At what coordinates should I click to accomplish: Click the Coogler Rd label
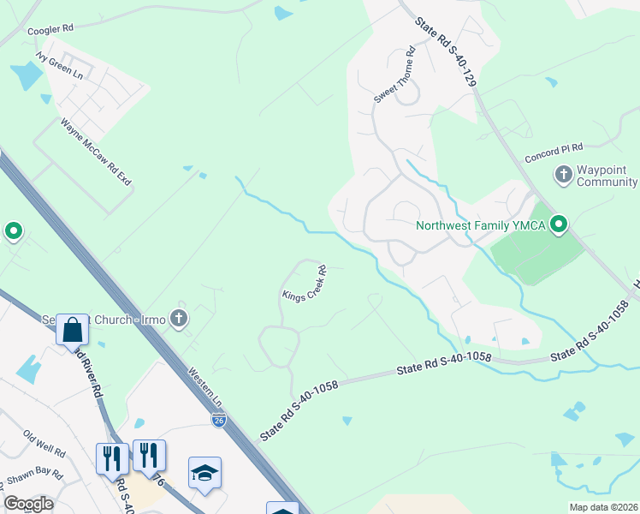[x=50, y=28]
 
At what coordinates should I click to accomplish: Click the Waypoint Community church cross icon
[x=563, y=176]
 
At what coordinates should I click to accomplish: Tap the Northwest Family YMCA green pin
[x=560, y=225]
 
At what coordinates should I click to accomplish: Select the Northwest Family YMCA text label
[x=480, y=226]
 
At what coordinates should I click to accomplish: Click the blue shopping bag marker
[x=72, y=329]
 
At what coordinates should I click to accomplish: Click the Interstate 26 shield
[x=219, y=420]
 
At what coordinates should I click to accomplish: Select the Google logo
[x=27, y=504]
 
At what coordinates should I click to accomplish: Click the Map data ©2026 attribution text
[x=603, y=507]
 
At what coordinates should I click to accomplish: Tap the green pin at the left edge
[x=14, y=230]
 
